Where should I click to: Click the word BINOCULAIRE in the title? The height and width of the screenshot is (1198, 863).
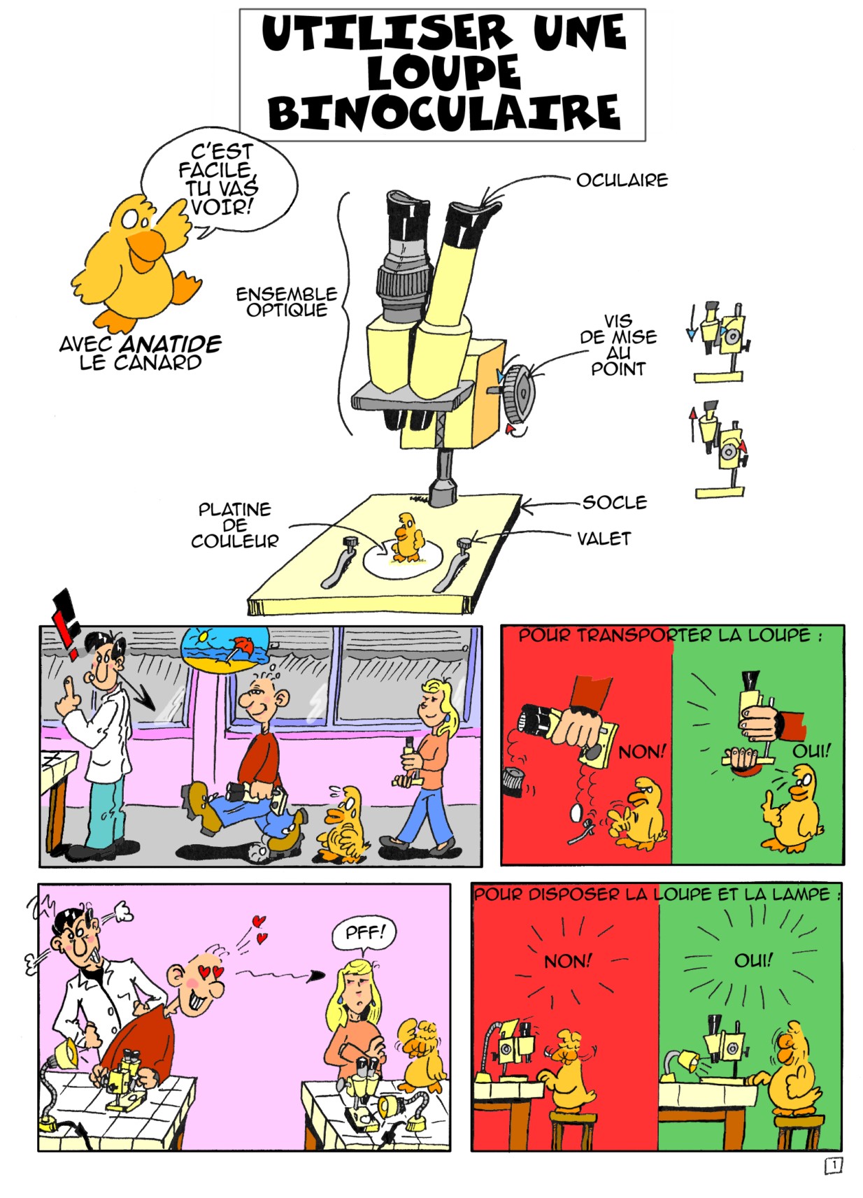(444, 113)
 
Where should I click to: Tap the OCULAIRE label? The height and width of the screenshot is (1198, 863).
(622, 180)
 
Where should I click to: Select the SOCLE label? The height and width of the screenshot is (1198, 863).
(614, 502)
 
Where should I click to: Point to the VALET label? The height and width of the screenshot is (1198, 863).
(604, 539)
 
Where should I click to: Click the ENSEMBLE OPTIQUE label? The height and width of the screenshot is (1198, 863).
(287, 302)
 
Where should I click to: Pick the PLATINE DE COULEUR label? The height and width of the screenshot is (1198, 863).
(235, 525)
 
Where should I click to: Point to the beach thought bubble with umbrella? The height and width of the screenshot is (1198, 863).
(226, 649)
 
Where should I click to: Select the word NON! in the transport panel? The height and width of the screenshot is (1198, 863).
(641, 753)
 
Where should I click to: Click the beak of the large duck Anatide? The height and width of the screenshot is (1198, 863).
(145, 248)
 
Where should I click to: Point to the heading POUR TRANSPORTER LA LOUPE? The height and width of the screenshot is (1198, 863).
(671, 636)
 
